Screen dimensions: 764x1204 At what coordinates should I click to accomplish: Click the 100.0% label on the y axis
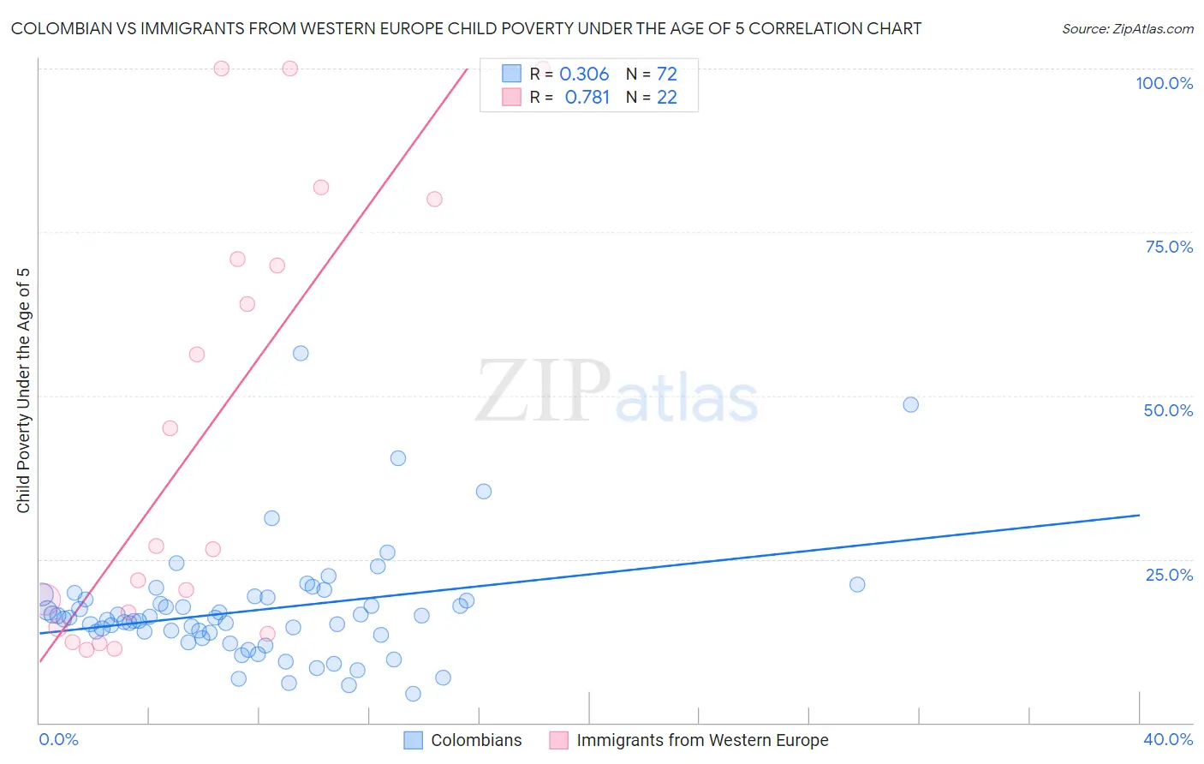coord(1164,83)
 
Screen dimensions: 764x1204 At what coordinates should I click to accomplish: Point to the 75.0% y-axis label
coord(1169,247)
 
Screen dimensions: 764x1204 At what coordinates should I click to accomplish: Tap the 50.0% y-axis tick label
coord(1168,410)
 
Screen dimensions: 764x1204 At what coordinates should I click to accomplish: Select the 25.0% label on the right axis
coord(1169,575)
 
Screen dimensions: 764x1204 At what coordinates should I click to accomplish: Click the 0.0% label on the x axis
coord(58,739)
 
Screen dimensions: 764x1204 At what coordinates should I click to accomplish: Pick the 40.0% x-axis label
coord(1168,739)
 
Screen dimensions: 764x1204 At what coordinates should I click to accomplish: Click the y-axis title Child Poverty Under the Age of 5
coord(23,391)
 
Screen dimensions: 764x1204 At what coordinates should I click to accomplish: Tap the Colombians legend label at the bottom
coord(476,740)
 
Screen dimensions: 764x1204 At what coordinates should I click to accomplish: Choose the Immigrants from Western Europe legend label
coord(702,740)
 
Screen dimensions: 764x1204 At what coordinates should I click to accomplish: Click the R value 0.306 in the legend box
coord(584,75)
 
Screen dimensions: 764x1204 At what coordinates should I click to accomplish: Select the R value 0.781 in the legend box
coord(587,98)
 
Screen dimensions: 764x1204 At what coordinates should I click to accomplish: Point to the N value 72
coord(666,75)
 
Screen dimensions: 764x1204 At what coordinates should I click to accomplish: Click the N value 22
coord(666,98)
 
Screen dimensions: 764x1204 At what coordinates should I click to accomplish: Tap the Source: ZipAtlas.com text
coord(1127,29)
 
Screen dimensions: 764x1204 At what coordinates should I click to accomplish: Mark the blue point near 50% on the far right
coord(910,404)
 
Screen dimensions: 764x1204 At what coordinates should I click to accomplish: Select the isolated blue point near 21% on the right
coord(857,584)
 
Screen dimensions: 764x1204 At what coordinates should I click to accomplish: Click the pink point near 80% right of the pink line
coord(434,199)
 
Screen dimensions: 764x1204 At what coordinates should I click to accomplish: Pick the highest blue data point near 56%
coord(301,353)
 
